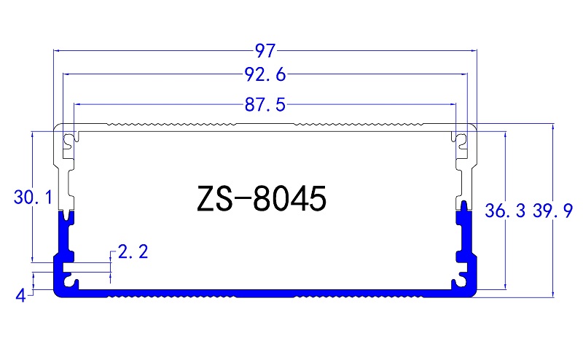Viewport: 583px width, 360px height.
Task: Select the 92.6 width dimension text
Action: point(265,74)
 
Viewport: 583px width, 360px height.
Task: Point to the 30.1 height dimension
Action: point(31,197)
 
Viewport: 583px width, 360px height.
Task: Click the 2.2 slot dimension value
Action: point(133,252)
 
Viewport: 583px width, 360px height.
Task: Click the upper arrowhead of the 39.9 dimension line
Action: point(553,127)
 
